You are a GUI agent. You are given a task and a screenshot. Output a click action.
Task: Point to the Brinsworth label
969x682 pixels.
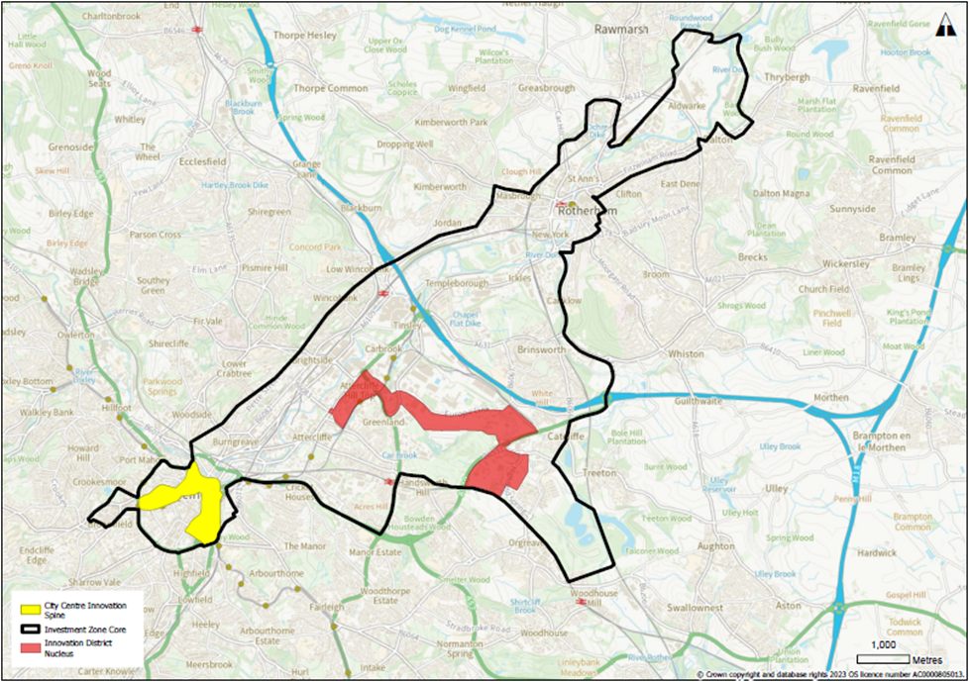tap(540, 349)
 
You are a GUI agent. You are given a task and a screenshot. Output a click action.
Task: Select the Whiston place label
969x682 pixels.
tap(686, 353)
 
